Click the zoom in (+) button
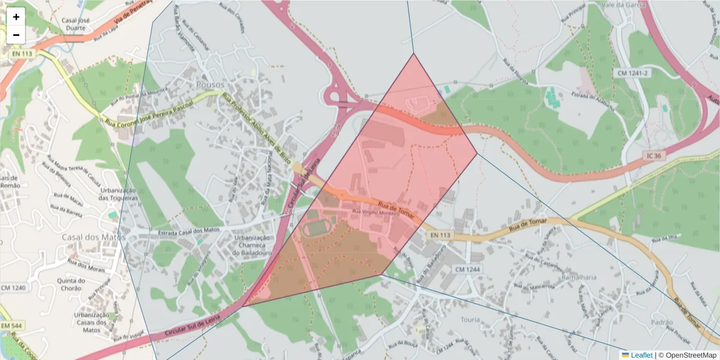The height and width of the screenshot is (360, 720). click(x=16, y=17)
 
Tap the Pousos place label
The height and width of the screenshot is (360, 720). click(x=210, y=85)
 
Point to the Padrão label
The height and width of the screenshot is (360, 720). click(x=662, y=322)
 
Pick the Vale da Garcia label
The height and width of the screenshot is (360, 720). click(x=625, y=5)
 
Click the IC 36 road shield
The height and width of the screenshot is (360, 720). click(x=654, y=155)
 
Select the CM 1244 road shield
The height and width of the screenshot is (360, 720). click(x=468, y=269)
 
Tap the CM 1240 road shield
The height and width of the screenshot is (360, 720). click(x=13, y=288)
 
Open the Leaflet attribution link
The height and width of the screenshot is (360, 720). click(x=641, y=355)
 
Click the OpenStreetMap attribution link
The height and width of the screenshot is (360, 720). click(x=689, y=355)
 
